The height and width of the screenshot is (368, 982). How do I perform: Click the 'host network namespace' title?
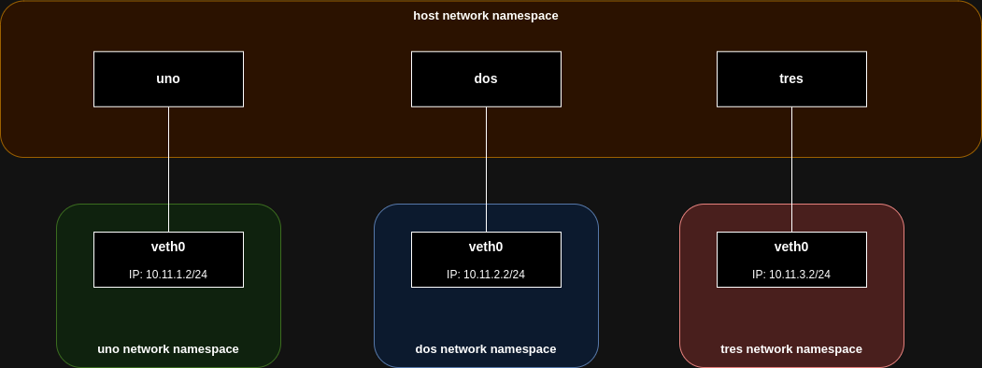tap(485, 16)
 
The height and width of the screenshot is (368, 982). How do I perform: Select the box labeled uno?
tap(168, 79)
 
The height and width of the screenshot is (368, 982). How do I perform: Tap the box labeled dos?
tap(486, 79)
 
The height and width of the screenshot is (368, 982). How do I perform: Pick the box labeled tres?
tap(791, 79)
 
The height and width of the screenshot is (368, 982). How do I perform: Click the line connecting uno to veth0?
tap(168, 170)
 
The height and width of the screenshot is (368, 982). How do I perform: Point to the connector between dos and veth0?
tap(486, 170)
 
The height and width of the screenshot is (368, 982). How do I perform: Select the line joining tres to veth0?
tap(791, 170)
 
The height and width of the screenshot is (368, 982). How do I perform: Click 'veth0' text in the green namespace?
tap(168, 248)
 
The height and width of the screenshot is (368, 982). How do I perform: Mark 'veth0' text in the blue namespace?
tap(486, 248)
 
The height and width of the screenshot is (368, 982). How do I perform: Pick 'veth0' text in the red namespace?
tap(791, 248)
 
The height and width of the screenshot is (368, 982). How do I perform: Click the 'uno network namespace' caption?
tap(168, 349)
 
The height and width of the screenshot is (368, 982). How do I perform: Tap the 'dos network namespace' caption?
tap(486, 349)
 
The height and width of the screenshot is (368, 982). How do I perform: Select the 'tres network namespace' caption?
tap(791, 349)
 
